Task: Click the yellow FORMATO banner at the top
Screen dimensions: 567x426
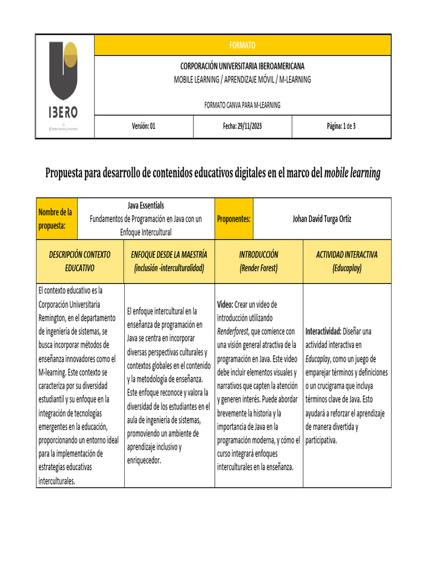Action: tap(243, 45)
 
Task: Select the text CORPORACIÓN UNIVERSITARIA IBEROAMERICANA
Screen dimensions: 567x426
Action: tap(243, 66)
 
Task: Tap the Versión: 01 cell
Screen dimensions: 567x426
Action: tap(144, 126)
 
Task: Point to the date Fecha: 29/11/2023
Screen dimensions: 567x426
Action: tap(242, 126)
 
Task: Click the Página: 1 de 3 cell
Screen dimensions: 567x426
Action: tap(341, 126)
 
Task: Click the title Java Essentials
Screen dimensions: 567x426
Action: tap(146, 205)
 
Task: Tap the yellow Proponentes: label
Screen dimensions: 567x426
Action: tap(234, 219)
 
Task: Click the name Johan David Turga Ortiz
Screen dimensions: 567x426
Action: tap(322, 219)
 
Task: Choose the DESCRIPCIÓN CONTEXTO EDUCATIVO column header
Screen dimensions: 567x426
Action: tap(80, 261)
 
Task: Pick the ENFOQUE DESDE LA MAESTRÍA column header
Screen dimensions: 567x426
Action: tap(169, 261)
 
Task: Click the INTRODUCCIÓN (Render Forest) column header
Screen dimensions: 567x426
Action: tap(258, 261)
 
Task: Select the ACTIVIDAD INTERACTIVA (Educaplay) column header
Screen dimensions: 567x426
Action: tap(347, 261)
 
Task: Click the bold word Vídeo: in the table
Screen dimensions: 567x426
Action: tap(225, 305)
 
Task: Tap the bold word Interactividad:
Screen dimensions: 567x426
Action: tap(323, 332)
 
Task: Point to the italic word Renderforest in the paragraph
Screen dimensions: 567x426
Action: tap(233, 332)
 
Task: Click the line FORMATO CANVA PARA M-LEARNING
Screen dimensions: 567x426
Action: tap(243, 105)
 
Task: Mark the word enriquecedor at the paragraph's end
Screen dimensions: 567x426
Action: tap(144, 460)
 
